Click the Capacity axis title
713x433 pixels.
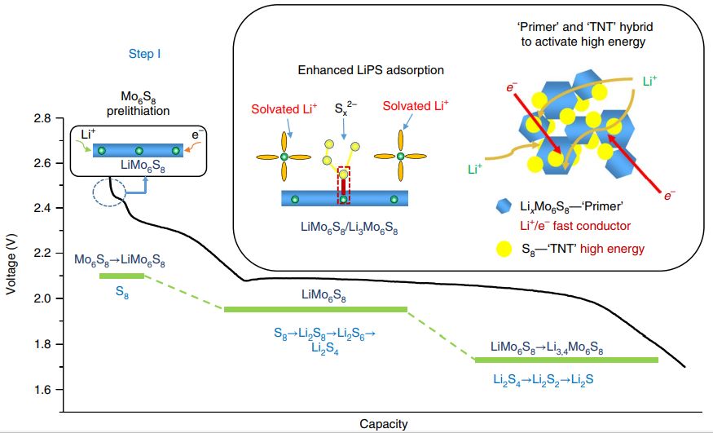click(x=383, y=424)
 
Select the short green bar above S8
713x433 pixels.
click(x=121, y=276)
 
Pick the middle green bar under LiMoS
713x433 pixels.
click(x=315, y=309)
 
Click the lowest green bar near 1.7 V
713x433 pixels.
click(x=566, y=360)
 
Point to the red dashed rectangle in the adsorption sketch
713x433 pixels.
click(x=343, y=184)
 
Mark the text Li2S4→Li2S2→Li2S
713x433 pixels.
click(x=547, y=379)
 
